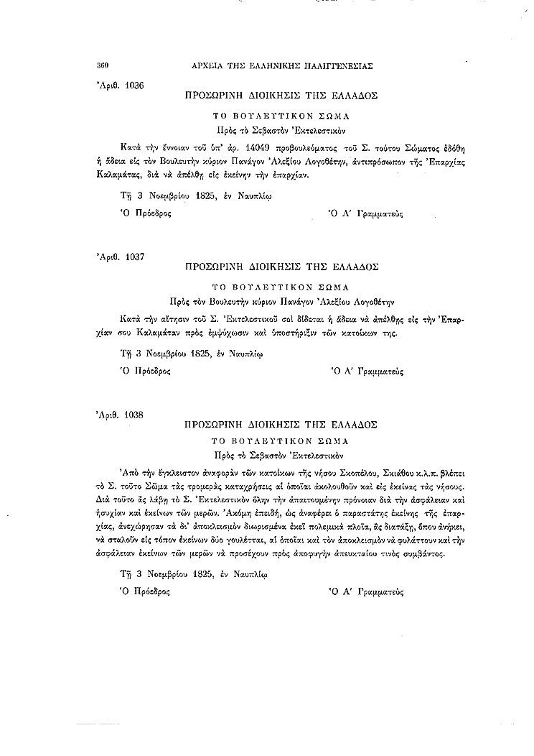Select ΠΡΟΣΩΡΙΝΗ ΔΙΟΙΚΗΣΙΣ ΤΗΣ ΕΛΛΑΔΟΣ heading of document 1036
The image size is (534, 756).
pos(281,95)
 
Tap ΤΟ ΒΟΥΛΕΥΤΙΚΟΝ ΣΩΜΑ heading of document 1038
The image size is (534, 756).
pos(281,441)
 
